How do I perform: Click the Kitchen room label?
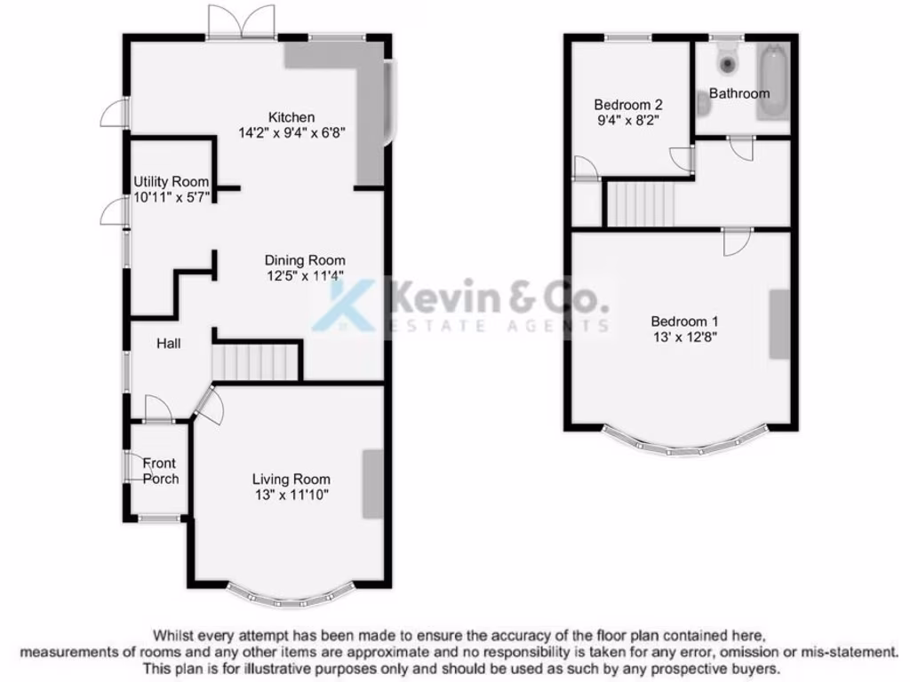[x=291, y=116]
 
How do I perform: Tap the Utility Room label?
[x=172, y=181]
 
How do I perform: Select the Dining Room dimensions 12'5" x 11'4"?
[x=304, y=275]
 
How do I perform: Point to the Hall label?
[x=169, y=343]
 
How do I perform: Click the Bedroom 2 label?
[x=628, y=103]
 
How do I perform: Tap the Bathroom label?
[x=738, y=93]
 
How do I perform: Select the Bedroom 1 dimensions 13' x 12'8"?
[x=683, y=337]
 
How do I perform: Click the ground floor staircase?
[x=255, y=362]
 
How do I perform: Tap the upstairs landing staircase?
[x=641, y=202]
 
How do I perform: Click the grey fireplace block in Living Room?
[x=373, y=484]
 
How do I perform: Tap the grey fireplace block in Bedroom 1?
[x=779, y=324]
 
